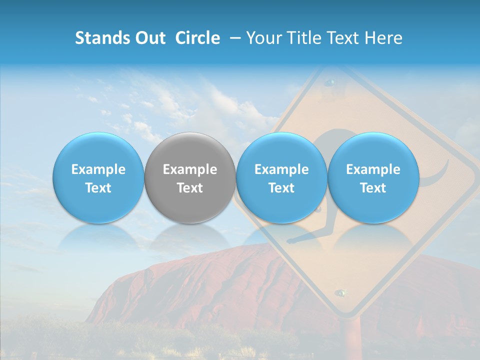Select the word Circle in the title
pos(197,38)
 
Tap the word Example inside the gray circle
pos(190,169)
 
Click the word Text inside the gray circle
pos(190,188)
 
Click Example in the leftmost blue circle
pos(98,169)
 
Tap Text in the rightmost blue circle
pos(373,188)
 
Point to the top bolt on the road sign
pos(329,81)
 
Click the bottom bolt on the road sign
pos(341,292)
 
